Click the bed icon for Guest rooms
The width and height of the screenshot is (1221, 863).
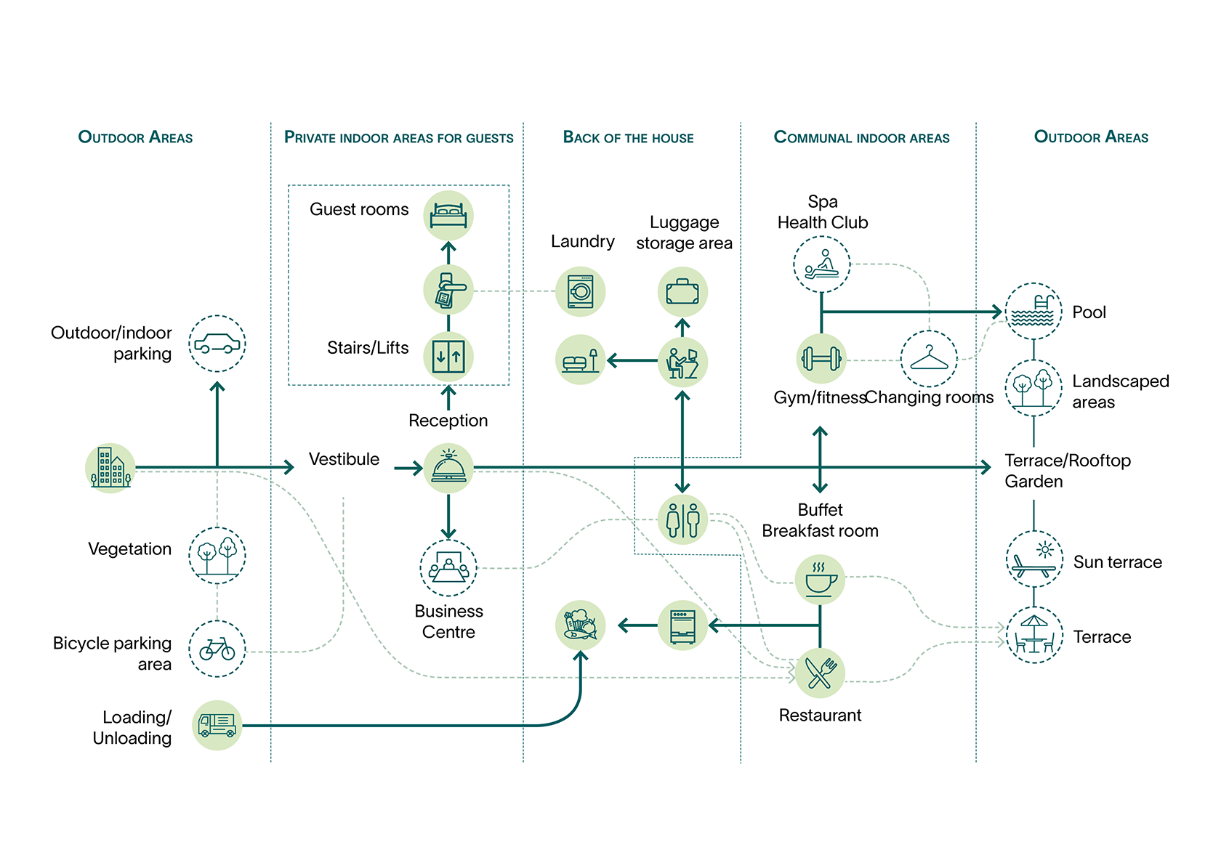click(448, 216)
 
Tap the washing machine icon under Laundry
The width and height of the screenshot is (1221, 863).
click(581, 291)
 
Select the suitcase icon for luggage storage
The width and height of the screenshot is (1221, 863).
click(682, 292)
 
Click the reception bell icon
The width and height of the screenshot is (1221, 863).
click(448, 468)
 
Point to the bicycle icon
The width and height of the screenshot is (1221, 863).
click(217, 649)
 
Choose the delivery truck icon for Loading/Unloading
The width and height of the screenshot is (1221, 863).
click(217, 725)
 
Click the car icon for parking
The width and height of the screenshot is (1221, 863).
click(217, 344)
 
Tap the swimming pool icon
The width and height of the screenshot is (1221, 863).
click(1033, 311)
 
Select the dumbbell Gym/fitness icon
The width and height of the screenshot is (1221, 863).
click(821, 359)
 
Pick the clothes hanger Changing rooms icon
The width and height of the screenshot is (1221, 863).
click(929, 359)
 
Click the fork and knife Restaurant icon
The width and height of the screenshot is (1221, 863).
click(820, 673)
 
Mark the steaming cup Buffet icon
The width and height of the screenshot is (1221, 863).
click(820, 580)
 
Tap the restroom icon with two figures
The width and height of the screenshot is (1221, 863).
click(682, 519)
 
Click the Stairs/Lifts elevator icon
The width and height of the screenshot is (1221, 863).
click(448, 357)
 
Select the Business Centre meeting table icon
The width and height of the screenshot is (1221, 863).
click(448, 568)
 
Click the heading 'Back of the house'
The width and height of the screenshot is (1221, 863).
click(628, 137)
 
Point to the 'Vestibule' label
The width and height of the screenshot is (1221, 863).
click(344, 459)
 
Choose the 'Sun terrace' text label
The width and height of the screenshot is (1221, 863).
click(1117, 562)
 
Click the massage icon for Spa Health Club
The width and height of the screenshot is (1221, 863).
click(821, 264)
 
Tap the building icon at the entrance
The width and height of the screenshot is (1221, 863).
click(110, 468)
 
